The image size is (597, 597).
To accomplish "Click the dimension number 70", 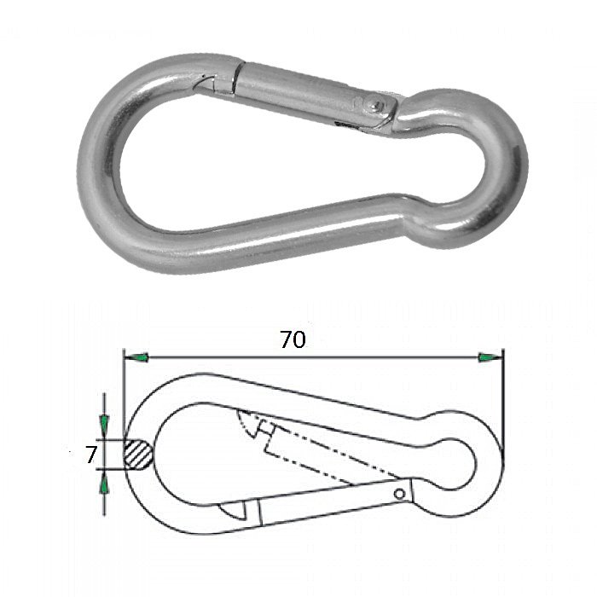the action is click(x=293, y=339).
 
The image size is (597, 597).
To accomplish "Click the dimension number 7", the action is click(x=91, y=455).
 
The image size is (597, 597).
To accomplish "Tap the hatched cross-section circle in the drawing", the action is click(x=138, y=455).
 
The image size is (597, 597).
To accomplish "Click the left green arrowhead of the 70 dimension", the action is click(x=136, y=357).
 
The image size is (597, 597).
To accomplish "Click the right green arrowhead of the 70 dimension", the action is click(x=490, y=357).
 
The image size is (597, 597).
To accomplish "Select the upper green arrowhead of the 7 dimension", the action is click(x=104, y=423).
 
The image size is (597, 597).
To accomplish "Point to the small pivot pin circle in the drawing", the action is click(x=399, y=494).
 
